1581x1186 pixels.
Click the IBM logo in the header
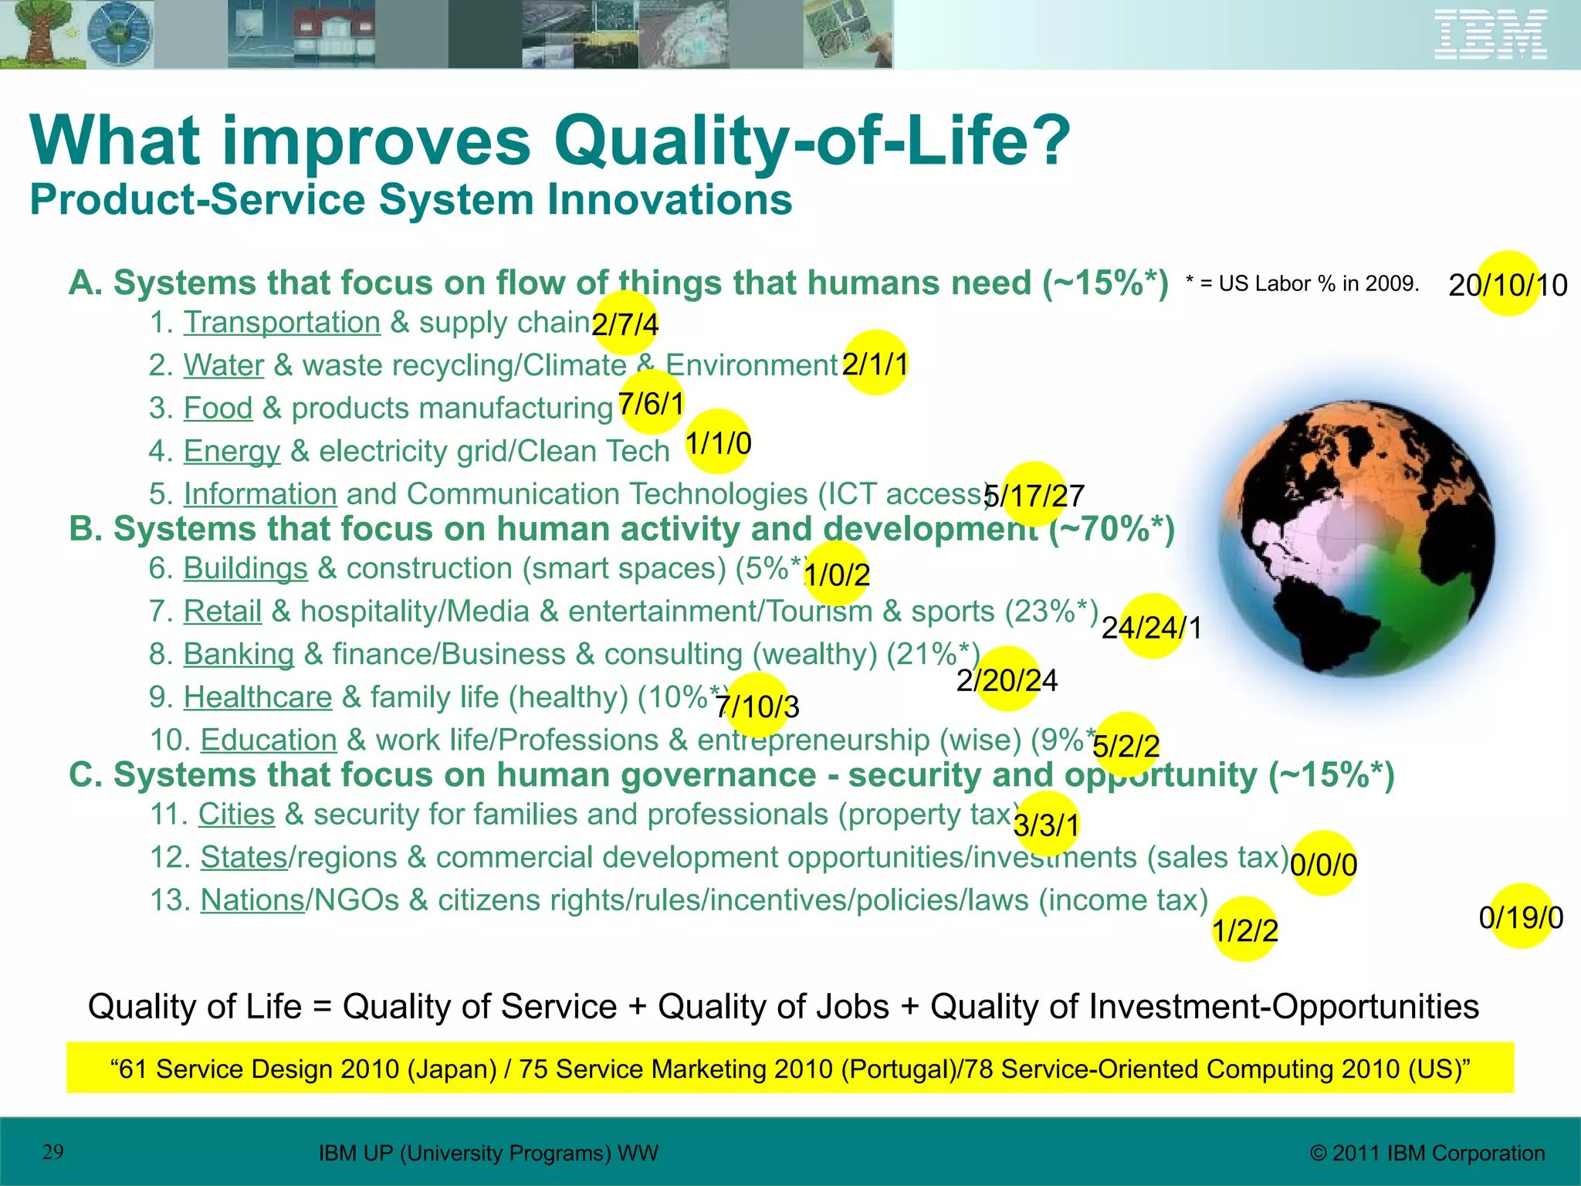tap(1491, 35)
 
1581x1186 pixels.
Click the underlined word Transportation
tap(282, 323)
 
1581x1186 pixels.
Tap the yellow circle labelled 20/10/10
tap(1508, 284)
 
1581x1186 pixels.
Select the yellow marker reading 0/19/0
tap(1521, 917)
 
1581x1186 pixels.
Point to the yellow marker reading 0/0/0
tap(1323, 864)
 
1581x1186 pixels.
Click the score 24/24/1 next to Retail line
tap(1151, 627)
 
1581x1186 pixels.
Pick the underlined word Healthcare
tap(258, 697)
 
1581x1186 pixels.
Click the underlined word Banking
tap(239, 655)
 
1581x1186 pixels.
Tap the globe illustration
tap(1356, 538)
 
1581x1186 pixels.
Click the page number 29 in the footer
tap(53, 1152)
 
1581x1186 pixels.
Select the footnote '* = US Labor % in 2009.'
tap(1302, 284)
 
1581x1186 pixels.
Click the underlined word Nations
tap(252, 900)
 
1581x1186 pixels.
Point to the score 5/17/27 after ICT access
tap(1034, 495)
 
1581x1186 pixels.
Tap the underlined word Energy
tap(232, 452)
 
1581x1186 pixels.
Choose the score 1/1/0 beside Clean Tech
tap(718, 443)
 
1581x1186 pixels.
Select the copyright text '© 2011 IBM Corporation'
tap(1427, 1153)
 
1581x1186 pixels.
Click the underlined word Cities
tap(236, 815)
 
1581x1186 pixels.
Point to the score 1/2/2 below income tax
tap(1244, 930)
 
